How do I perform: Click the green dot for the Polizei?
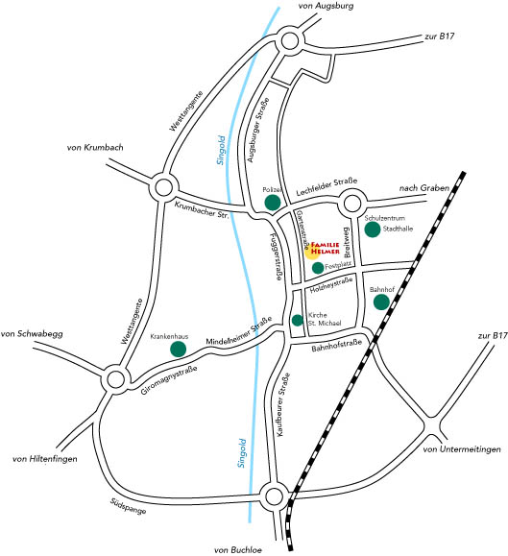pos(273,203)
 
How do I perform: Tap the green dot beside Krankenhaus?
pos(178,350)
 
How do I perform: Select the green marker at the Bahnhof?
pos(381,302)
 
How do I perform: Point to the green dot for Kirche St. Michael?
pos(298,320)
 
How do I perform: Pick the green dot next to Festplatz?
pos(318,268)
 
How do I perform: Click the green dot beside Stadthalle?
pos(373,230)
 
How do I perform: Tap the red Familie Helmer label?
pos(326,248)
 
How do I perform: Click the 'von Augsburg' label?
pos(326,6)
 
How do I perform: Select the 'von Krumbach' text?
pos(95,147)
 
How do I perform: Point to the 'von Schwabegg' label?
pos(32,334)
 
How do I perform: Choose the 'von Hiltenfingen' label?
pos(45,459)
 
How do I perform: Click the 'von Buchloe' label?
pos(238,550)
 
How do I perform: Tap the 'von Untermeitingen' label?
pos(462,449)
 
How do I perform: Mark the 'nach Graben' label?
pos(424,188)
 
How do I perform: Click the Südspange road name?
pos(128,506)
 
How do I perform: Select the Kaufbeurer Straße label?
pos(283,404)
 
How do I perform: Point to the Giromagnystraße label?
pos(169,380)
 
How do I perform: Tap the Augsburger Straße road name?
pos(258,131)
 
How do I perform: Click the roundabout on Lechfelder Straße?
pos(352,204)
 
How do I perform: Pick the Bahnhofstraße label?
pos(337,346)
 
